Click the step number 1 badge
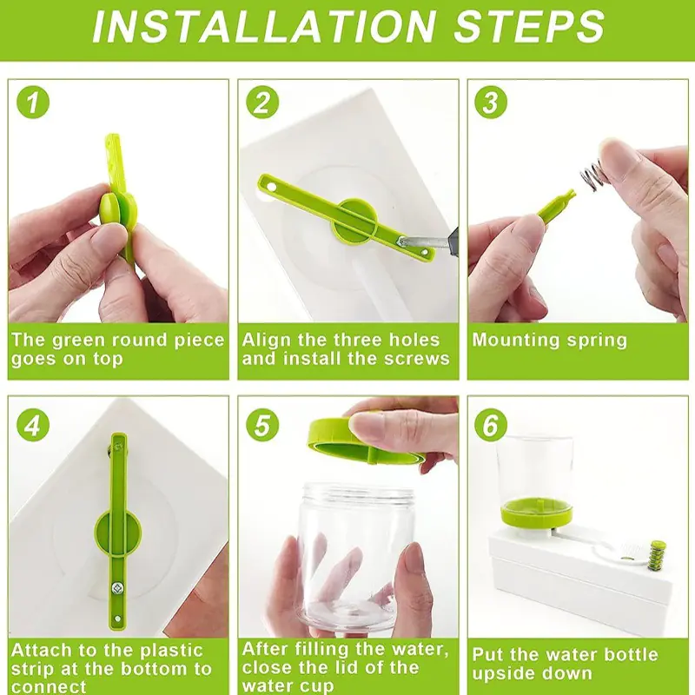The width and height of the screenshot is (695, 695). click(33, 103)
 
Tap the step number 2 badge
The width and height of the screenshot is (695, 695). click(262, 103)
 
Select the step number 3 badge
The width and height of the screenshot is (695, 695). click(491, 103)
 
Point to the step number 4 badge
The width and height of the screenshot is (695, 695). click(33, 425)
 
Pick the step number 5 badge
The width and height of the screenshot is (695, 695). click(262, 425)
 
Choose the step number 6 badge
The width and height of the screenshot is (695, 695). click(491, 425)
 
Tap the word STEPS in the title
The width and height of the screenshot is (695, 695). click(529, 26)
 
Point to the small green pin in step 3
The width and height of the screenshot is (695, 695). click(556, 205)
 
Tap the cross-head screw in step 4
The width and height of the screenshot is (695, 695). click(117, 588)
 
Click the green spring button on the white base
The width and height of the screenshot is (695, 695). click(657, 554)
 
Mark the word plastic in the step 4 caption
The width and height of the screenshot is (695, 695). click(171, 650)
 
